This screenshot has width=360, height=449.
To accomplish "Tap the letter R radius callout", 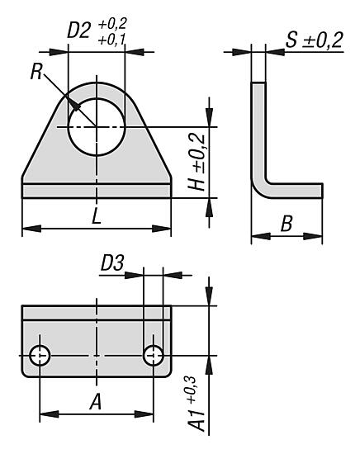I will (x=36, y=71).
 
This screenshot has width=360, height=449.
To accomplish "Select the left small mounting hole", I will (x=40, y=356).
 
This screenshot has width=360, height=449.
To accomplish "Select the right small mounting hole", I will (x=153, y=356).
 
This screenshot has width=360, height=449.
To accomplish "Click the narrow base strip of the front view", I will (x=97, y=191).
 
